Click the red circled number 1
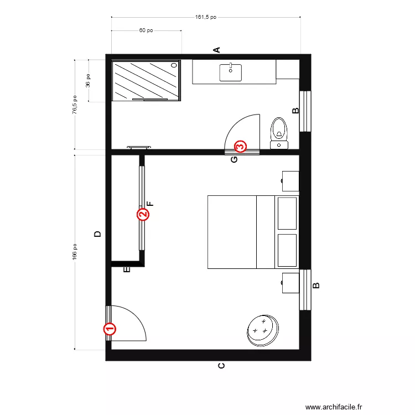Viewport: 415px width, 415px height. point(110,329)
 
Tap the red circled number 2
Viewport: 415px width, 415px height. point(143,214)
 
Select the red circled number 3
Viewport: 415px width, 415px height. point(240,147)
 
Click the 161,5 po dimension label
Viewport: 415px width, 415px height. point(206,17)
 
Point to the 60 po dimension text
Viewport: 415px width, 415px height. point(146,31)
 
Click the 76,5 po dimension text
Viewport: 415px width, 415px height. point(75,103)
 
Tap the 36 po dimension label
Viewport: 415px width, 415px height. point(87,80)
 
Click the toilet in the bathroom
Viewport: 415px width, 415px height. point(279,132)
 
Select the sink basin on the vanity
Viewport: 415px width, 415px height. point(231,72)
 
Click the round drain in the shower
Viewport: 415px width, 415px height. point(174,65)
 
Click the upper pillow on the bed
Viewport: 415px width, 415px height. point(287,213)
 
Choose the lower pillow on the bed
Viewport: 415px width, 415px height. point(287,251)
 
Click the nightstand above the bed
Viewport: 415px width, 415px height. point(290,180)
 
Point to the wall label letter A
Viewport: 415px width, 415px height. point(217,50)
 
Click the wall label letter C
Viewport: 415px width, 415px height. point(221,366)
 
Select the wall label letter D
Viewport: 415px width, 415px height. point(97,234)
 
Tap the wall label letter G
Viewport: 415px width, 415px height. point(234,159)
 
